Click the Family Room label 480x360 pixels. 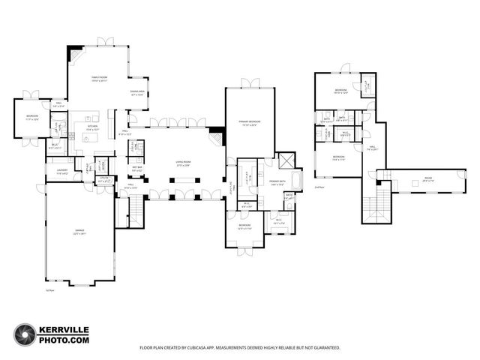click(100, 78)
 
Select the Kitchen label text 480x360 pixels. click(92, 130)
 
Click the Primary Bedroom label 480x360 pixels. click(244, 123)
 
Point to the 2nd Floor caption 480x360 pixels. click(319, 187)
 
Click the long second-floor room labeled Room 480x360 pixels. click(427, 181)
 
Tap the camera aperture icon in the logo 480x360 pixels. click(25, 334)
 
